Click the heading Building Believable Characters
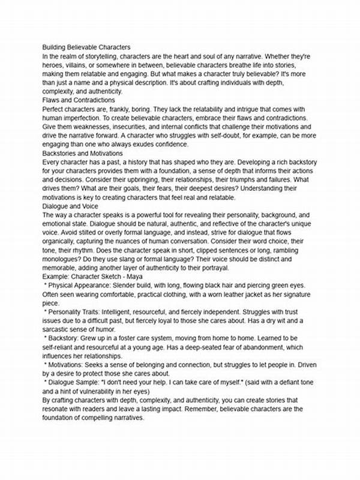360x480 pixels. point(86,47)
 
